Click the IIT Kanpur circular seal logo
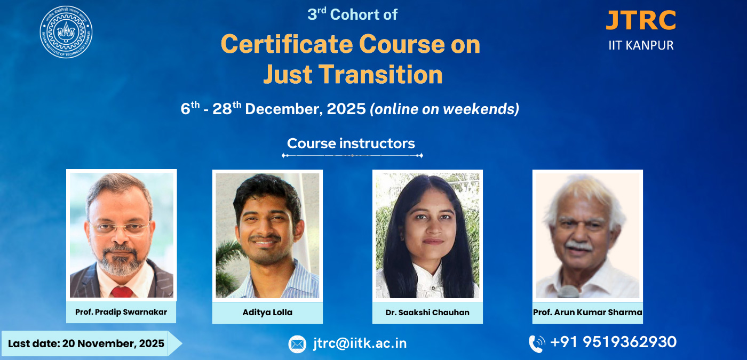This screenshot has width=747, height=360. pyautogui.click(x=66, y=32)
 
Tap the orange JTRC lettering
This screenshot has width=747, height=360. pyautogui.click(x=641, y=20)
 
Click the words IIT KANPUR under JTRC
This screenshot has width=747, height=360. pyautogui.click(x=641, y=45)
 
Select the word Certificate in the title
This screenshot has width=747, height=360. pyautogui.click(x=287, y=44)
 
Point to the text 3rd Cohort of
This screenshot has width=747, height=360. pyautogui.click(x=353, y=14)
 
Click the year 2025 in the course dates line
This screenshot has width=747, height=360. pyautogui.click(x=346, y=109)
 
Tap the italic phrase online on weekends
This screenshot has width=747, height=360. pyautogui.click(x=444, y=109)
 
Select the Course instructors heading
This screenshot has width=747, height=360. pyautogui.click(x=351, y=143)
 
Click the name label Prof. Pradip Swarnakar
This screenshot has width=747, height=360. pyautogui.click(x=121, y=312)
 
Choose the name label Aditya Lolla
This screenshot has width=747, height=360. pyautogui.click(x=267, y=313)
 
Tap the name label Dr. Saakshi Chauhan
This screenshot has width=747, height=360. pyautogui.click(x=427, y=313)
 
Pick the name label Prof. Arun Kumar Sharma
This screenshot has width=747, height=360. pyautogui.click(x=587, y=313)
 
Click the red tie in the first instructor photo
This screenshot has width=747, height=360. pyautogui.click(x=122, y=292)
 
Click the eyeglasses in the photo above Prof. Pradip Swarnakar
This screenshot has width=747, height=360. pyautogui.click(x=120, y=228)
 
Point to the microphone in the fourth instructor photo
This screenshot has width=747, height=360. pyautogui.click(x=569, y=292)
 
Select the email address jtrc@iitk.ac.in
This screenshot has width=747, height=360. pyautogui.click(x=360, y=343)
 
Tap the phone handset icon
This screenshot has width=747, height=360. pyautogui.click(x=537, y=344)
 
